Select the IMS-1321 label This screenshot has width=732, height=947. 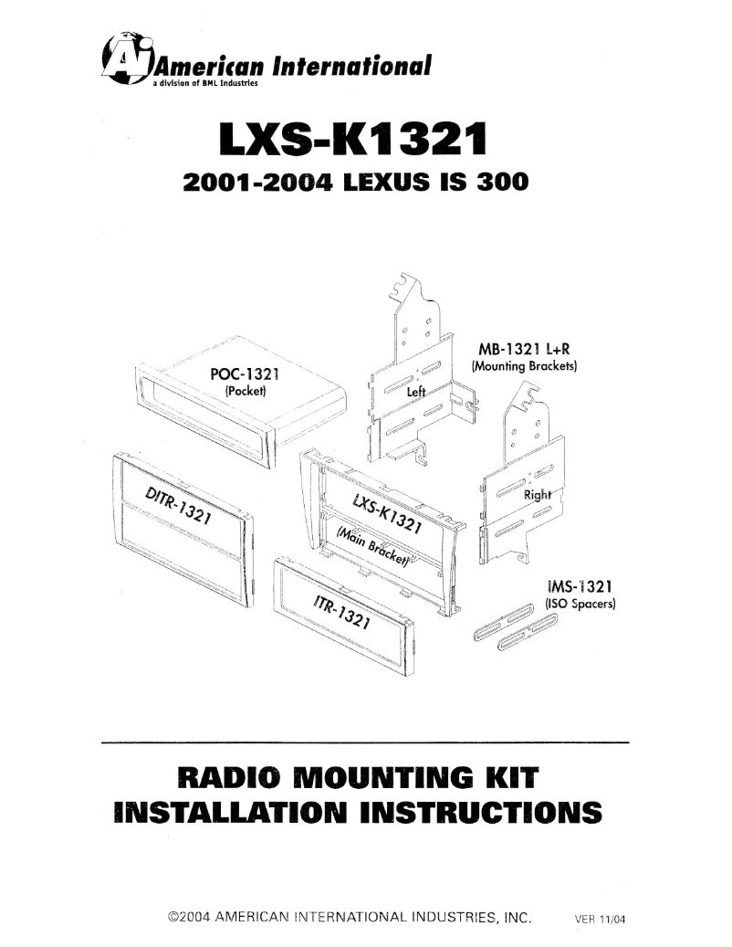(579, 586)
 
